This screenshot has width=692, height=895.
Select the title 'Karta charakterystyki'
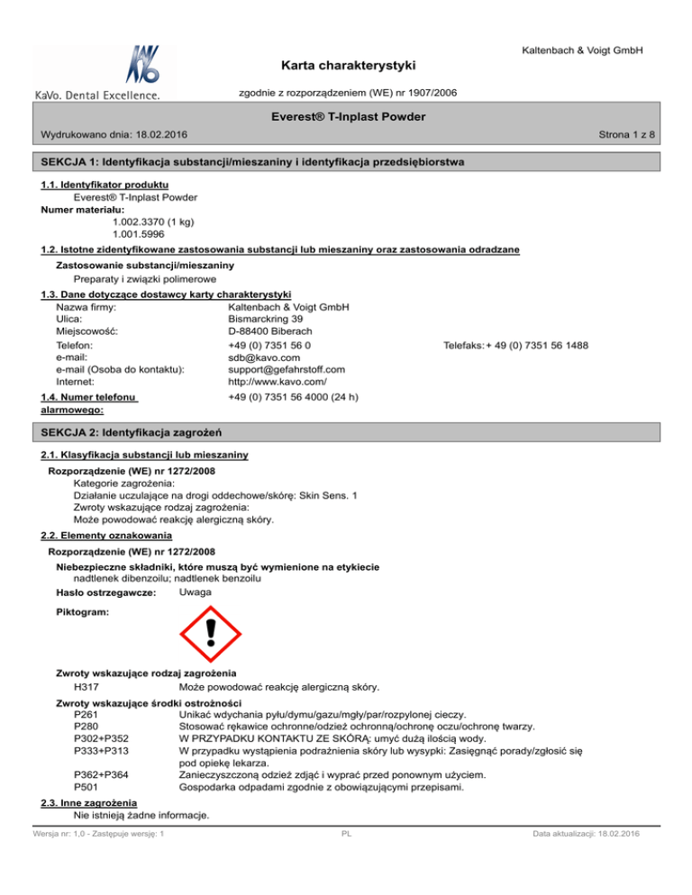click(x=345, y=67)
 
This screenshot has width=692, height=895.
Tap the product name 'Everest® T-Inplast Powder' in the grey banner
click(x=345, y=117)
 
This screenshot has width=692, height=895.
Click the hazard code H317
click(x=85, y=689)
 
